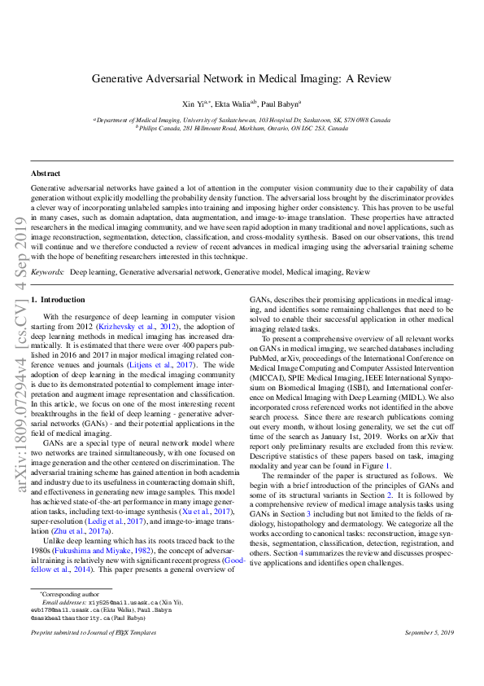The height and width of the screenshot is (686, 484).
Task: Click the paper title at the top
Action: (x=242, y=78)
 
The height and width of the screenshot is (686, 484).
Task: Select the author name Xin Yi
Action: (x=194, y=104)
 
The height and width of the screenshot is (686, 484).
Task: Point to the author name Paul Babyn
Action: (x=281, y=104)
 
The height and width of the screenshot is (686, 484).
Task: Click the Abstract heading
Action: (x=46, y=174)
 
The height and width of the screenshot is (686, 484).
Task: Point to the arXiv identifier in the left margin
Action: (x=15, y=342)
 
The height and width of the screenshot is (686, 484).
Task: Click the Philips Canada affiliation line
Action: (x=242, y=128)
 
